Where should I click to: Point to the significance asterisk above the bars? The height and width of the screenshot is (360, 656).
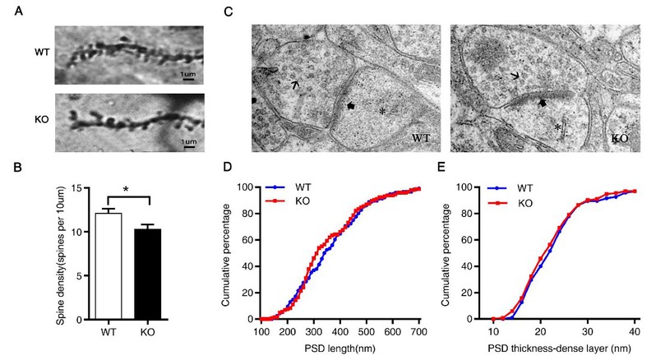point(127,192)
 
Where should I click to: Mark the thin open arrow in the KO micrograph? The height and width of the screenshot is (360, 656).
point(516,76)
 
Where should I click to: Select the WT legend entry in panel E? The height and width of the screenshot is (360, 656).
point(513,187)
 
